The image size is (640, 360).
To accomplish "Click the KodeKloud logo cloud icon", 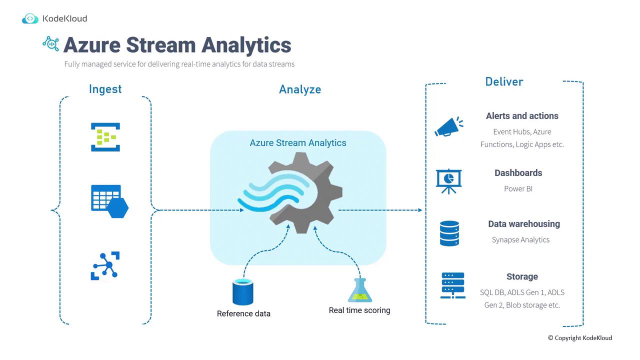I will coord(30,18).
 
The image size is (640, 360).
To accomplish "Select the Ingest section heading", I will coord(105,89).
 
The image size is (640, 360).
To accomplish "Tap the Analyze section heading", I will coord(300,89).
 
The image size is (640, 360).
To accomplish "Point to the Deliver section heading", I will coord(504,81).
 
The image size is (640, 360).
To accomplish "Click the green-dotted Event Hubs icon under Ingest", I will coord(105,136).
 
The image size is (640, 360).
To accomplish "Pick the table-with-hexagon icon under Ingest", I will coord(109,201).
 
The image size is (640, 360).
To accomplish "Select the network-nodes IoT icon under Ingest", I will coord(105,265).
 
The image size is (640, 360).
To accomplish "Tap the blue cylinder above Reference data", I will coord(243,292).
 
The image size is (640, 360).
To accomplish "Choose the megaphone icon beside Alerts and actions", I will coord(448,127).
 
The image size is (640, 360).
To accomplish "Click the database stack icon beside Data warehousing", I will coord(449,233).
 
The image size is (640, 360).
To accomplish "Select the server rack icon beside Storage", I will coord(452,285).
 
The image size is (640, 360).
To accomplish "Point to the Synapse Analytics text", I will coord(520,240).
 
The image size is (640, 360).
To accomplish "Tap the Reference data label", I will coord(243,314).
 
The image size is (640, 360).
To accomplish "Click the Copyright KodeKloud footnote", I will coord(579,338).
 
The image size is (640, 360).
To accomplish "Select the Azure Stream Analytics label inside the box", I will coord(298,143).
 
